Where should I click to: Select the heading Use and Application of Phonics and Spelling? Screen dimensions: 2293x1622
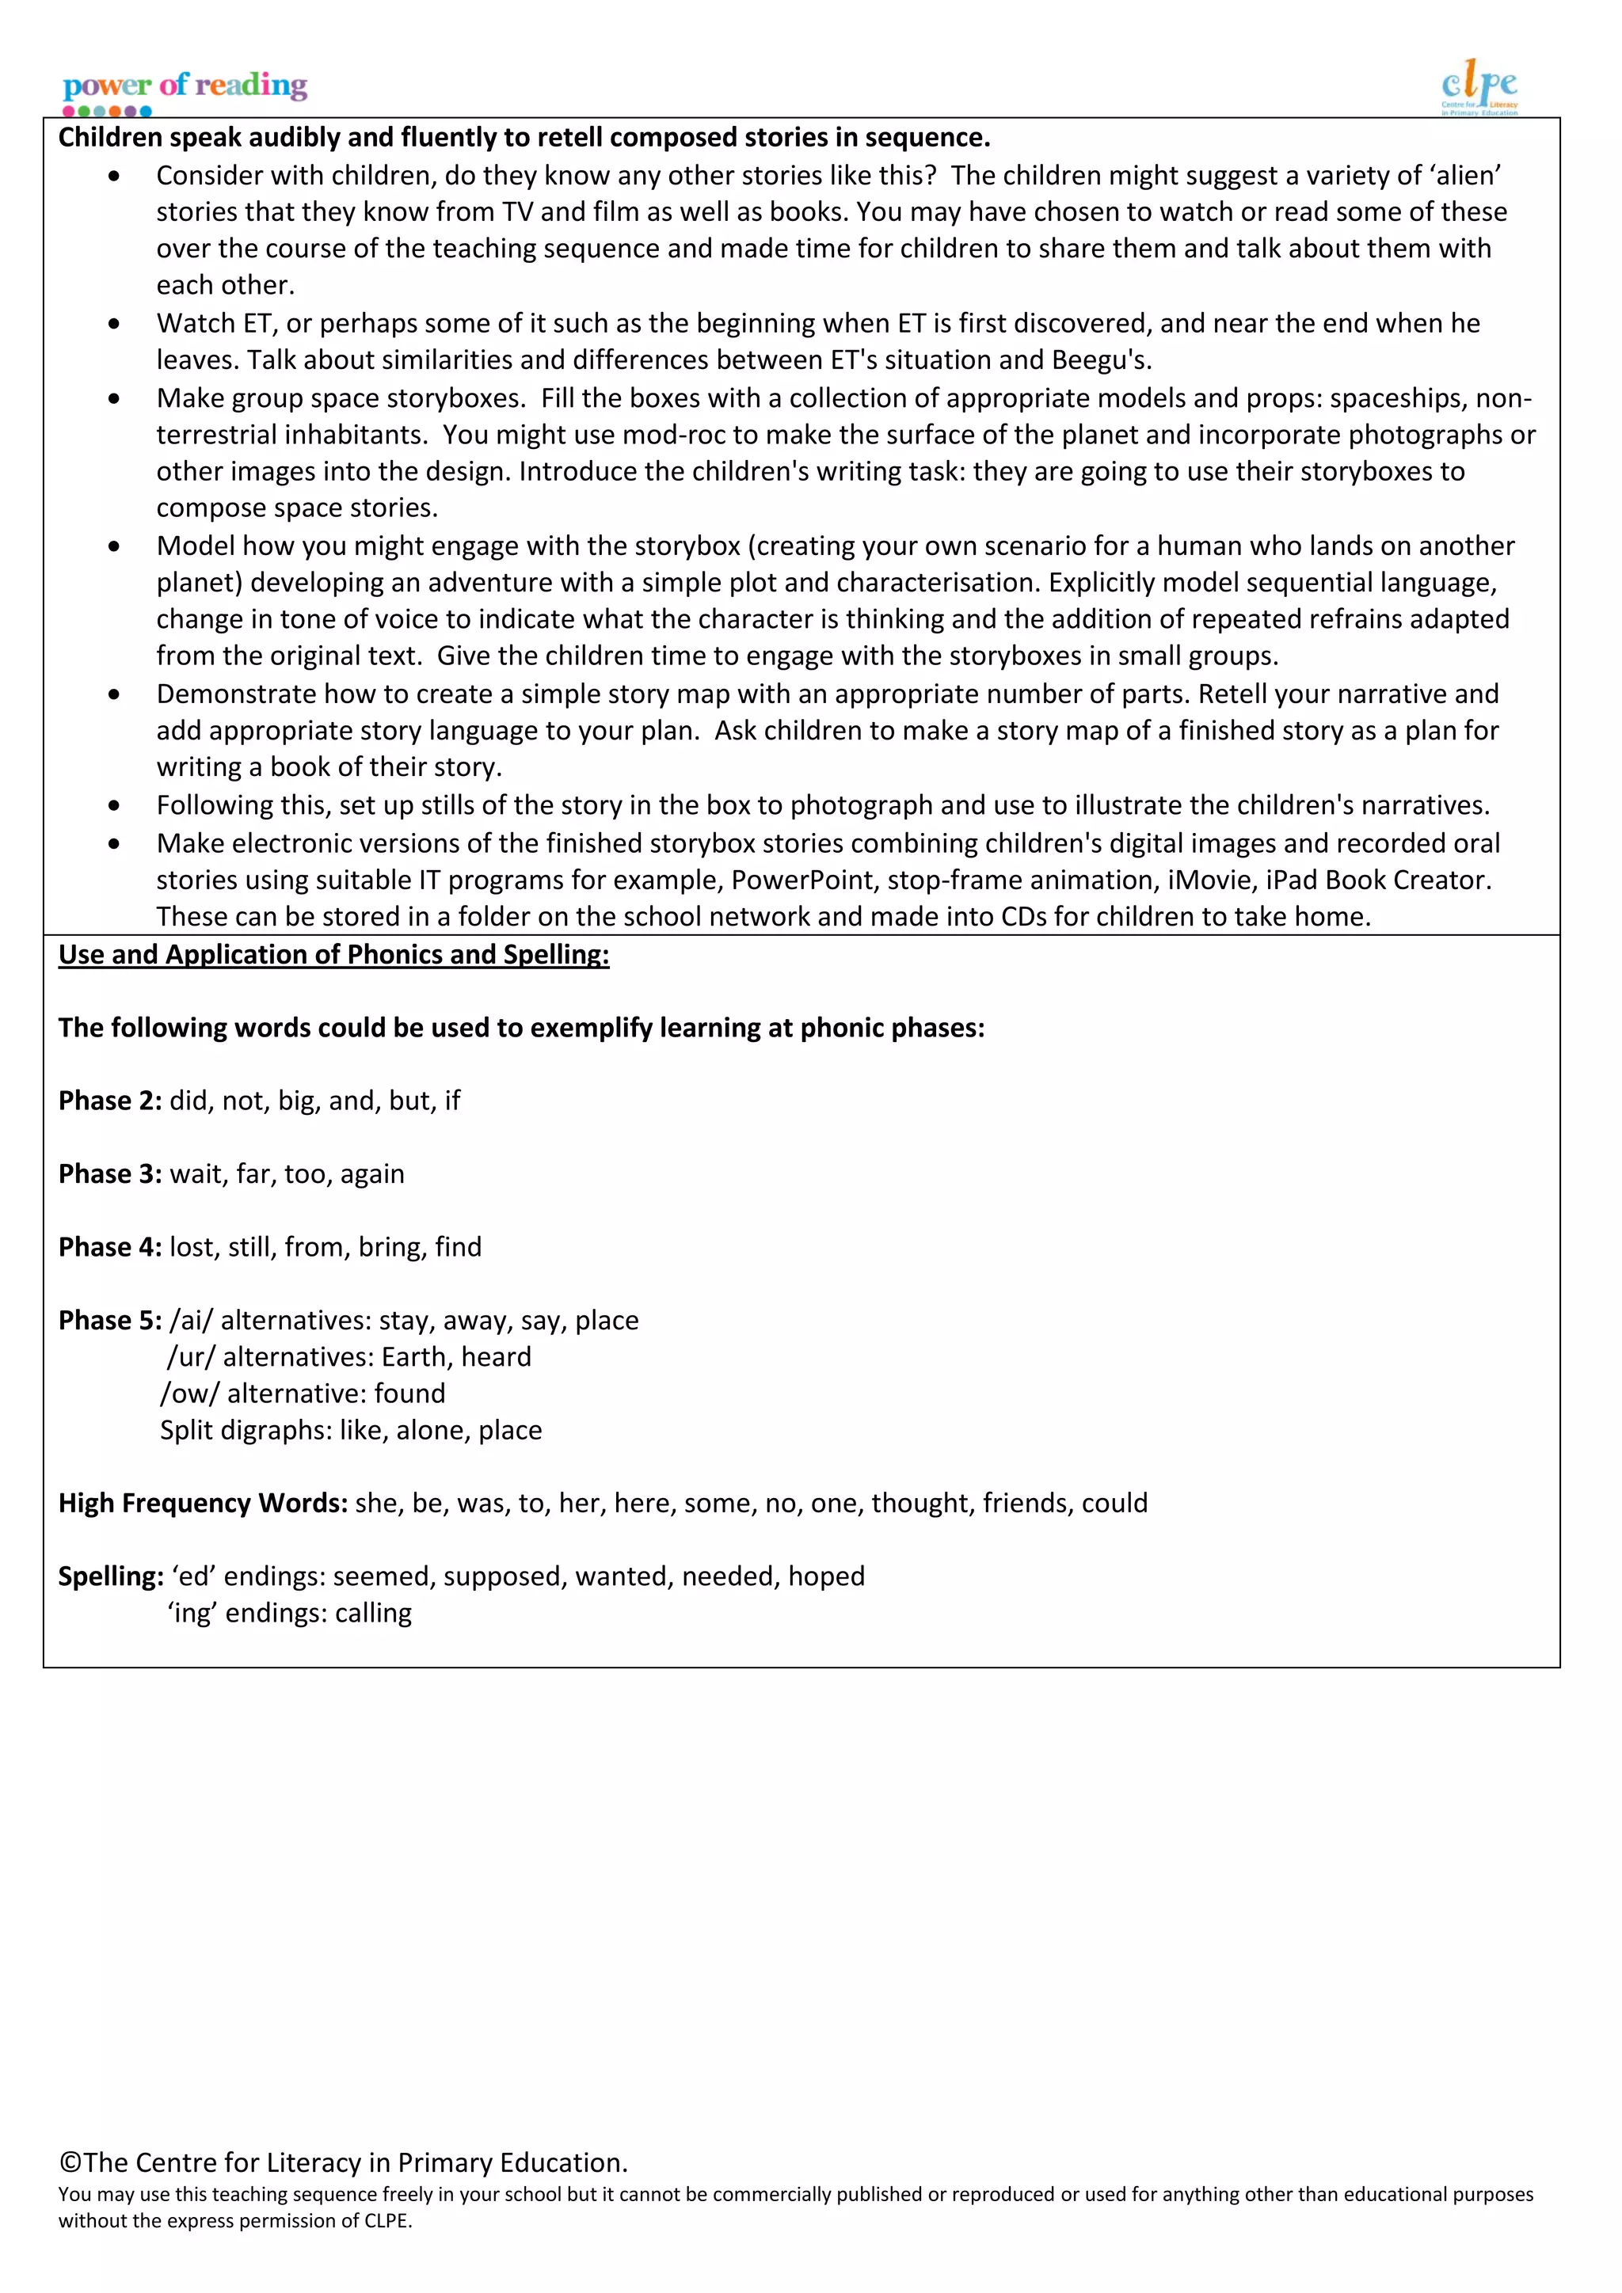point(333,955)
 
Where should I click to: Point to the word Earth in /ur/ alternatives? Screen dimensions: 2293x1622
point(413,1357)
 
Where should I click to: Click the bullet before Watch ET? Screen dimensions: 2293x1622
point(115,324)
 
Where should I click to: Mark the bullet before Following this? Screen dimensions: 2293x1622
point(115,805)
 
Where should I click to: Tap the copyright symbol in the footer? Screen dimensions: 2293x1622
point(70,2162)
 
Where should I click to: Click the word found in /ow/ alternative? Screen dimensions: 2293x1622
point(409,1394)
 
